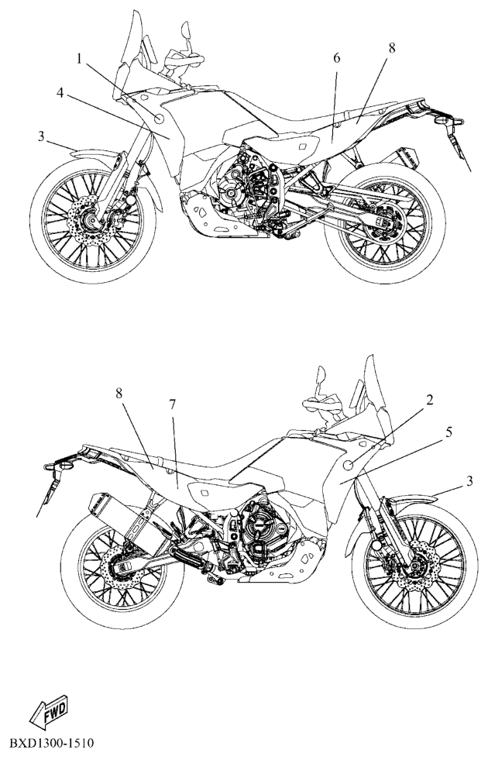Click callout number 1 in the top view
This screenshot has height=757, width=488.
pyautogui.click(x=79, y=59)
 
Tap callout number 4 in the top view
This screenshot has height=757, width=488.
pyautogui.click(x=60, y=93)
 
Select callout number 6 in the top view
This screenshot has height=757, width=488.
pyautogui.click(x=336, y=58)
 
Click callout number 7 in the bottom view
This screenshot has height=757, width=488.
pyautogui.click(x=172, y=405)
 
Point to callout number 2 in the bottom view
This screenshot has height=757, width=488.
pyautogui.click(x=429, y=401)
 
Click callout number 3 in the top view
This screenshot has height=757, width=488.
pyautogui.click(x=42, y=136)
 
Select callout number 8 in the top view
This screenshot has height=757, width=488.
pyautogui.click(x=391, y=48)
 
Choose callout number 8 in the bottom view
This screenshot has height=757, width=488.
pyautogui.click(x=119, y=393)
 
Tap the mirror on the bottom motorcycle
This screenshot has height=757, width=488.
pyautogui.click(x=321, y=376)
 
